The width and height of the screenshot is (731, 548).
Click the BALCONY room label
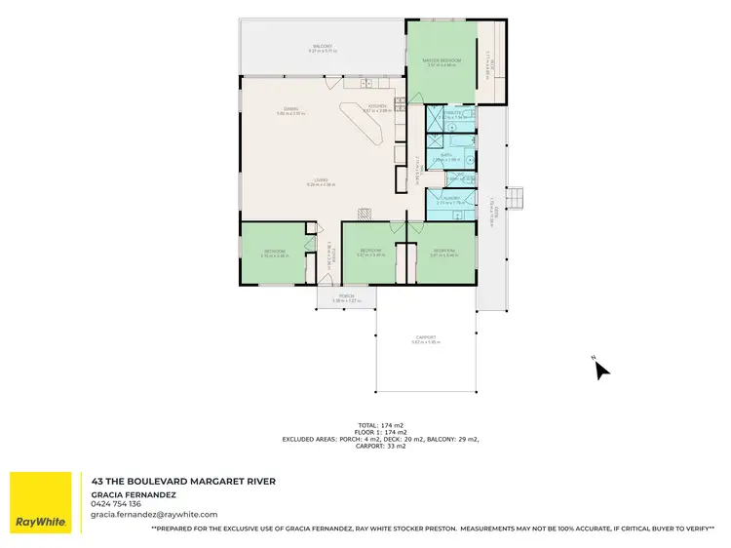(x=323, y=47)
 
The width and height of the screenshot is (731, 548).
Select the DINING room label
(x=290, y=108)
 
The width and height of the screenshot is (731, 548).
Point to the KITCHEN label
(x=377, y=105)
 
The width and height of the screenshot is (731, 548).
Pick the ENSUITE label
(x=449, y=113)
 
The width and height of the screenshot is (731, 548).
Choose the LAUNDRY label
(x=448, y=198)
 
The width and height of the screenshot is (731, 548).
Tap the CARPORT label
(x=427, y=337)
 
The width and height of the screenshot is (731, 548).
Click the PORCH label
(x=346, y=296)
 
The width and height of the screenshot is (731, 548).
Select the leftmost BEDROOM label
(x=274, y=251)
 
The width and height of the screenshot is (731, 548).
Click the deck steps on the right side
(x=519, y=198)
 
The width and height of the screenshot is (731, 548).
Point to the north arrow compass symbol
(x=601, y=369)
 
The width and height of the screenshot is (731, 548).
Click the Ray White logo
(x=41, y=502)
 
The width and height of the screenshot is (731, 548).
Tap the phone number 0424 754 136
(x=116, y=503)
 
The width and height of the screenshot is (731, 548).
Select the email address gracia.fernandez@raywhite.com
(x=154, y=514)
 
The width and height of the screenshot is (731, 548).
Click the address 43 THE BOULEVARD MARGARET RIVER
(x=183, y=481)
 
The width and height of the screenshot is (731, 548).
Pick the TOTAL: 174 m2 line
(x=380, y=425)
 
